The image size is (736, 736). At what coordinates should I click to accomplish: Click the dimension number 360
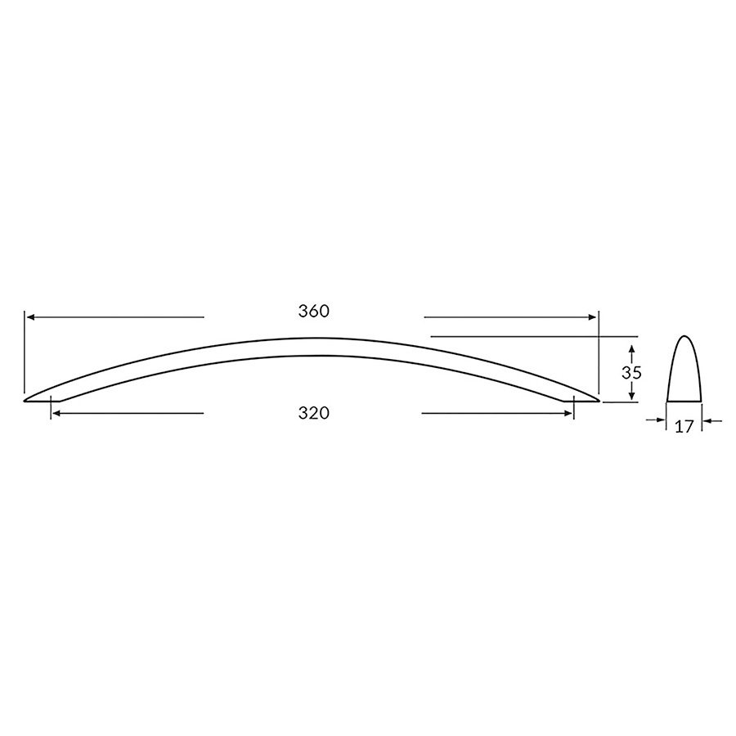[x=313, y=312]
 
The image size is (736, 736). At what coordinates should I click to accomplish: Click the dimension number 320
[x=313, y=414]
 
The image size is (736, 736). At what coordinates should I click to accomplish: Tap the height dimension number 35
[x=631, y=372]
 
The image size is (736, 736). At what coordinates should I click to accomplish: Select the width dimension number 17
[x=685, y=426]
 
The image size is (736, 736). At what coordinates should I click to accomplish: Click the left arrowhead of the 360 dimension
[x=29, y=316]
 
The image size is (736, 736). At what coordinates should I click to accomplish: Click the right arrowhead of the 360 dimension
[x=595, y=316]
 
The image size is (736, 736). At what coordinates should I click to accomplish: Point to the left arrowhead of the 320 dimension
[x=56, y=414]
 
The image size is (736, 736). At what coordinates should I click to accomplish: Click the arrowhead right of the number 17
[x=707, y=421]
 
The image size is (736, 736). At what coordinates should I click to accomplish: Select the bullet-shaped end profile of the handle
[x=685, y=372]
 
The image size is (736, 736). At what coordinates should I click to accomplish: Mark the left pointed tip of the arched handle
[x=25, y=401]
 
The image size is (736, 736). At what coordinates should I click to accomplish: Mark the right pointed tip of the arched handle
[x=599, y=401]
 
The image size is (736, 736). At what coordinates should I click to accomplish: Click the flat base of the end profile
[x=685, y=401]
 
